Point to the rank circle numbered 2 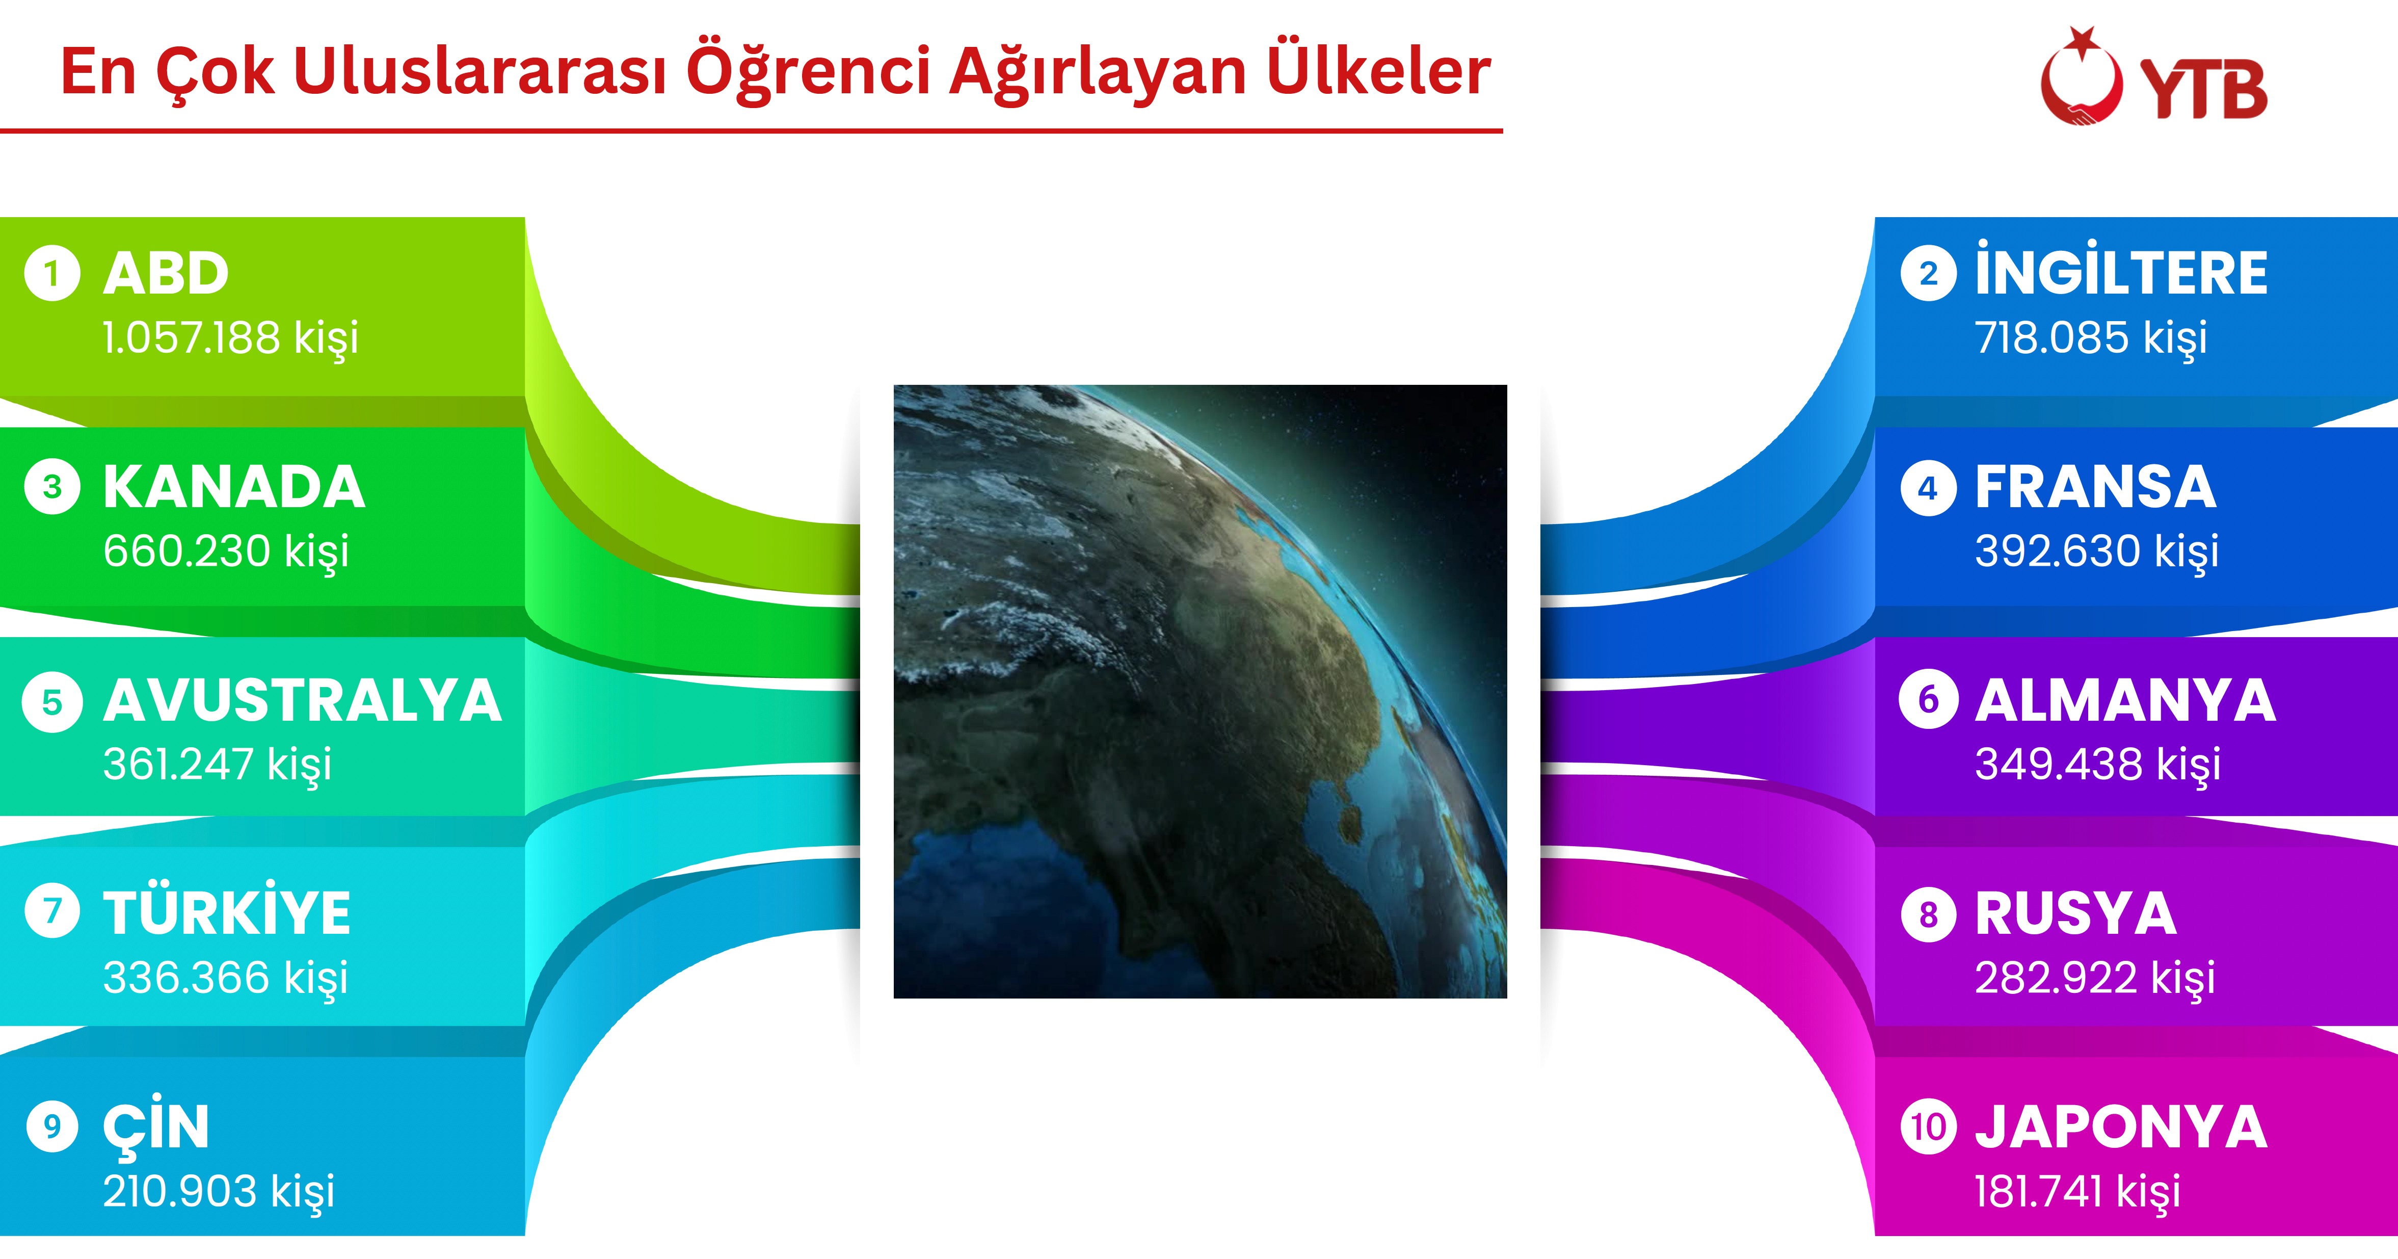1928,274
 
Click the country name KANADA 234,487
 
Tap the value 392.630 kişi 2096,550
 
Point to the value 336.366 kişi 225,978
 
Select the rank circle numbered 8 1928,914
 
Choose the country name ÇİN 156,1127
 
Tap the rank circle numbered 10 1928,1127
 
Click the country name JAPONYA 2121,1127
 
